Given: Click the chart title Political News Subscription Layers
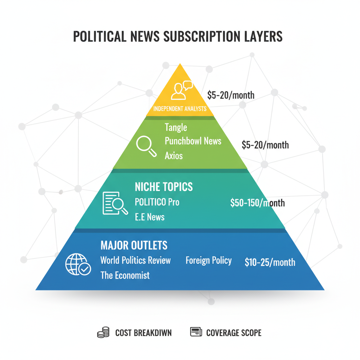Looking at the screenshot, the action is tap(178, 37).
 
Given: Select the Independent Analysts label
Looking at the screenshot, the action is tap(180, 109).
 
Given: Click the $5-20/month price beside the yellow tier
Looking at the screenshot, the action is tap(231, 95).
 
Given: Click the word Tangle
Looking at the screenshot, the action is tap(176, 127).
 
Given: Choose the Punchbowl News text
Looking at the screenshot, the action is tap(193, 141).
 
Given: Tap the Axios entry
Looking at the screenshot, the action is tap(174, 155).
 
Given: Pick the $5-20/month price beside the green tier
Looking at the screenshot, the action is tap(265, 144).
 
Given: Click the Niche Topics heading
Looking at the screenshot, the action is tap(164, 187).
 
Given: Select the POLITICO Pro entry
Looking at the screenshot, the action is tap(157, 202).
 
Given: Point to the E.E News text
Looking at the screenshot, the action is tap(150, 217).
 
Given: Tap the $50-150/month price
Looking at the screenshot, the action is tap(257, 203).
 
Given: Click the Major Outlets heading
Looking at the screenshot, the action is tap(134, 245).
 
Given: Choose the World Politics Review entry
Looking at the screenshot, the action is tap(136, 261).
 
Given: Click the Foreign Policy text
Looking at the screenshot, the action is tap(208, 261).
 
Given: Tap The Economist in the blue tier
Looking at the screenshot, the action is tap(125, 275).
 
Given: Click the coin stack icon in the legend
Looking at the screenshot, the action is tap(103, 333).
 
